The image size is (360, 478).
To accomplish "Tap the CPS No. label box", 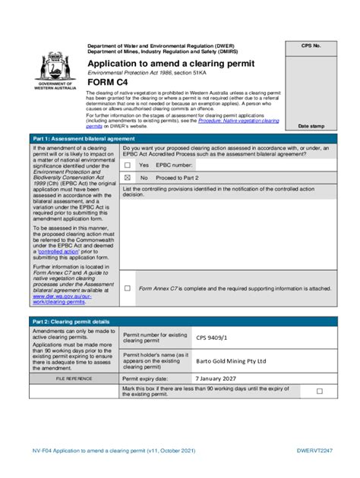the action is [x=311, y=46].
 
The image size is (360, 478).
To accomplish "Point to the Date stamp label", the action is [x=311, y=126].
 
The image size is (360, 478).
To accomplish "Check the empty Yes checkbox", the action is [x=128, y=165].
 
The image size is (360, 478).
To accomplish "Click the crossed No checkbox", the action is [x=128, y=177].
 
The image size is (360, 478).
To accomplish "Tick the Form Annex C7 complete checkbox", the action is [x=128, y=288].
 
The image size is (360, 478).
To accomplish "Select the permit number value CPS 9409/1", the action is [x=212, y=338].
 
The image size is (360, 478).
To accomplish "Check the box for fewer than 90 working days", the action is [x=320, y=391].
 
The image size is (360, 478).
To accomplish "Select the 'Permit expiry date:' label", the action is [x=146, y=378].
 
